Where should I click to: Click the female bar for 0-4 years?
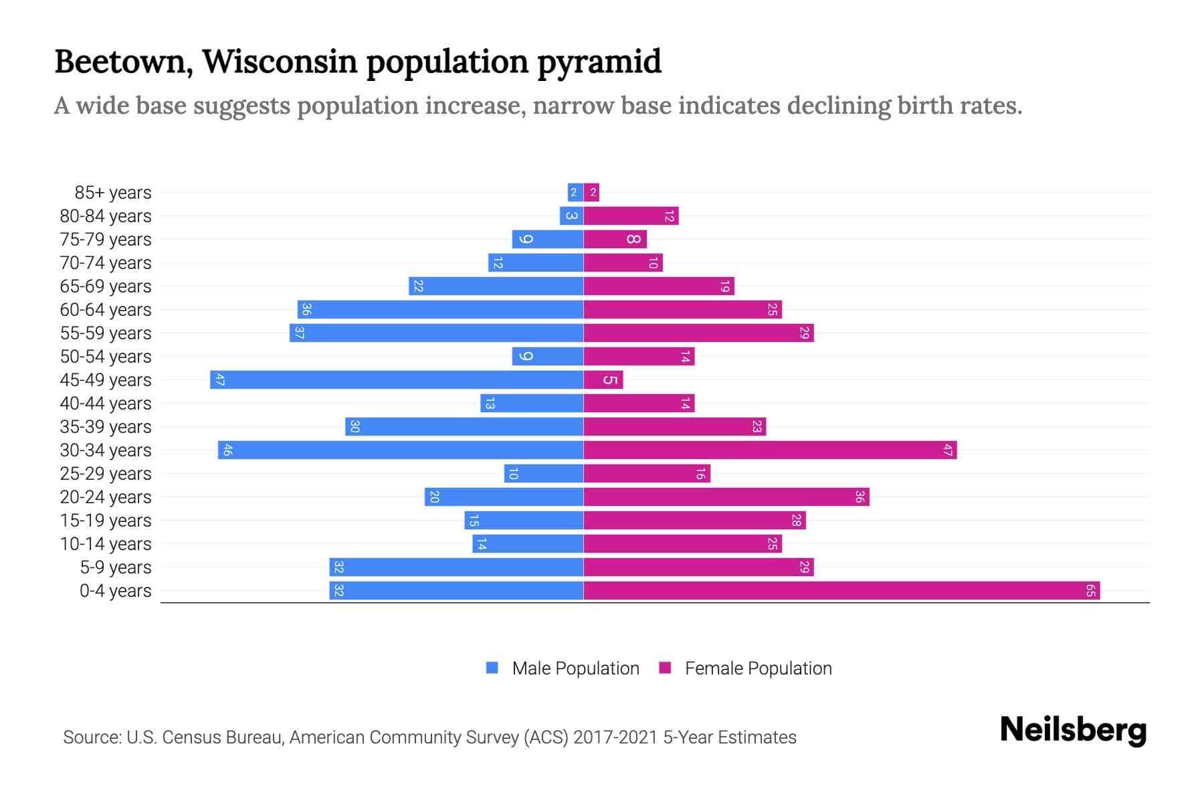pos(841,590)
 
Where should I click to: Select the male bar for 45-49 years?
pos(397,379)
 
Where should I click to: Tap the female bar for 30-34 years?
pos(770,450)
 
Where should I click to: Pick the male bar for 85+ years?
pos(575,192)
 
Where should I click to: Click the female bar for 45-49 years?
pos(603,379)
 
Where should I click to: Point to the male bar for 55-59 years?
pos(436,333)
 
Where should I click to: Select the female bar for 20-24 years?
pos(726,497)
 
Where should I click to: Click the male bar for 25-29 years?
pos(544,473)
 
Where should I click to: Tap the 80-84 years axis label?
pos(106,216)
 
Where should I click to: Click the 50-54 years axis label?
pos(106,357)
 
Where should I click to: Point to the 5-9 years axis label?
pos(116,567)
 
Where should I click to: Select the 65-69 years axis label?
pos(106,286)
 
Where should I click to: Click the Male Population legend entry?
pos(575,668)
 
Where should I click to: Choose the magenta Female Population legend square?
pos(665,668)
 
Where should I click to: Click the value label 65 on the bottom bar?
pos(1090,590)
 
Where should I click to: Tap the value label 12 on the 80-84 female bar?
pos(669,215)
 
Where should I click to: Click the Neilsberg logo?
pos(1073,730)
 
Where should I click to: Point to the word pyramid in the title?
pos(599,62)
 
